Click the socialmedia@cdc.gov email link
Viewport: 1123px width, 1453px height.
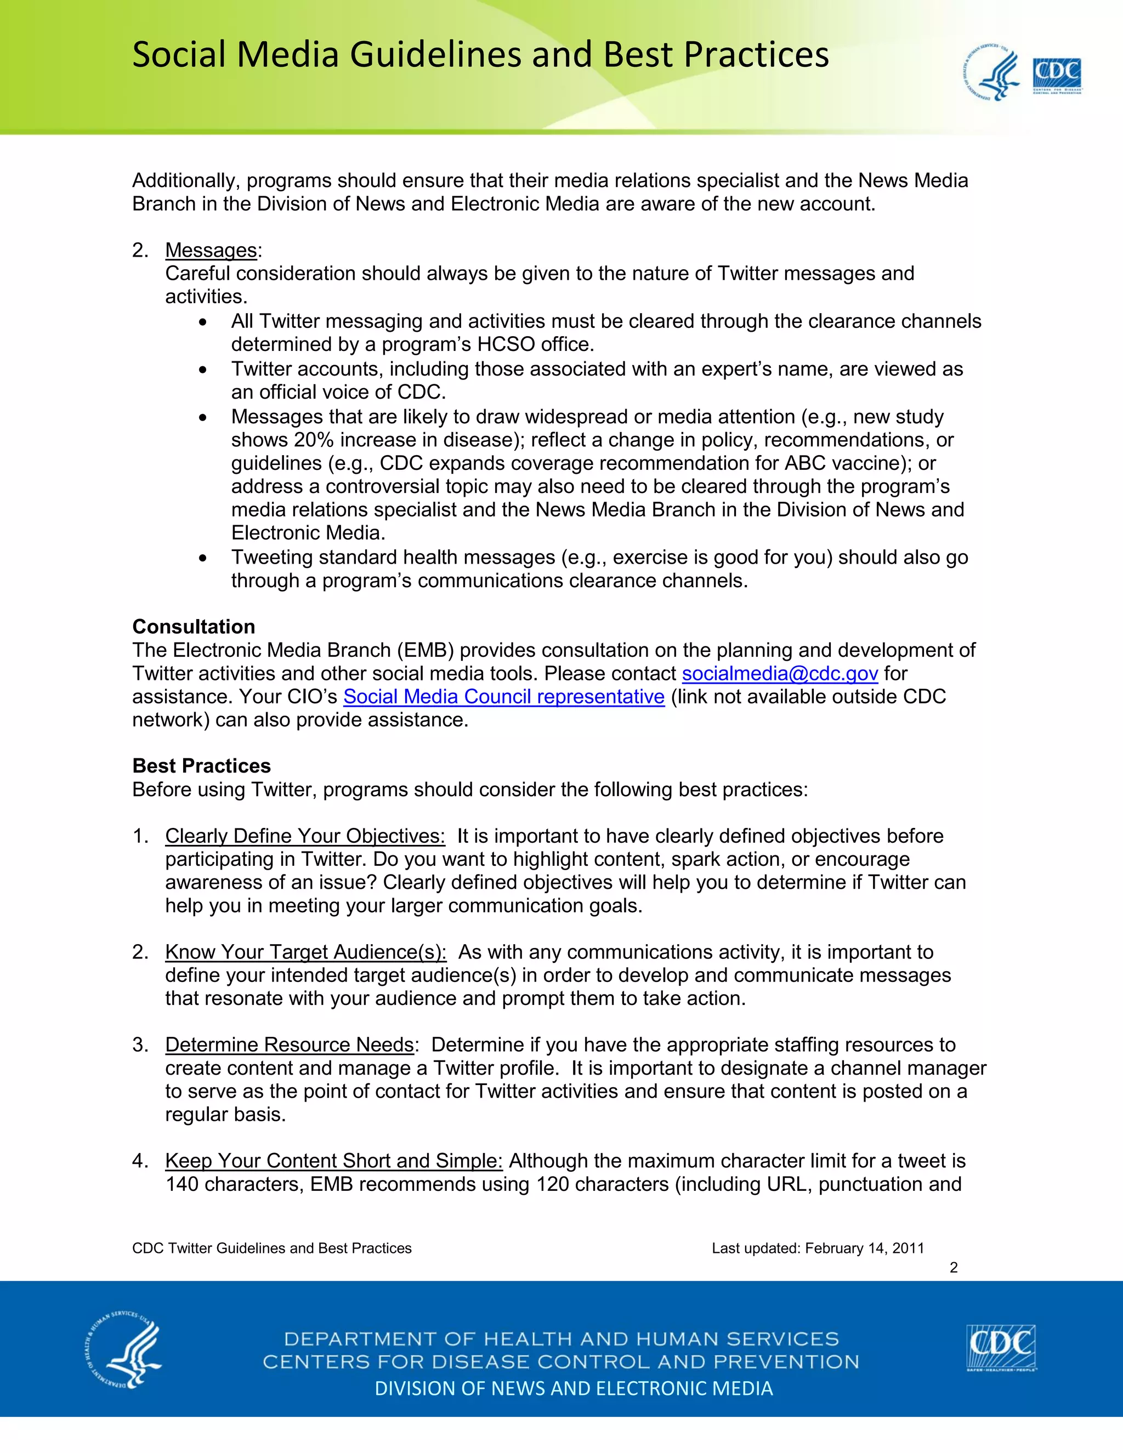(x=780, y=674)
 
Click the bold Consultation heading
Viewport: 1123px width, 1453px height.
(x=194, y=627)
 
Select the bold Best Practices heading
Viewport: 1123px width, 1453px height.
(x=202, y=766)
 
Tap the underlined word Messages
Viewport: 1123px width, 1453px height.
(x=211, y=251)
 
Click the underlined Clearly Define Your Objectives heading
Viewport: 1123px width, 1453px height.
(x=305, y=836)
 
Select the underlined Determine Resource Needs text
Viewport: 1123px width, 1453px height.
(x=290, y=1045)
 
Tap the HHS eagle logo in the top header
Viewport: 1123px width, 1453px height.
(x=991, y=73)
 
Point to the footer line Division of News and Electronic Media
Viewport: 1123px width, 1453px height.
(x=574, y=1388)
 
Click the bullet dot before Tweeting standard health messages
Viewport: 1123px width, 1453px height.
(x=203, y=558)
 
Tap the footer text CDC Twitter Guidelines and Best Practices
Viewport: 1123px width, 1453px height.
(x=271, y=1248)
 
